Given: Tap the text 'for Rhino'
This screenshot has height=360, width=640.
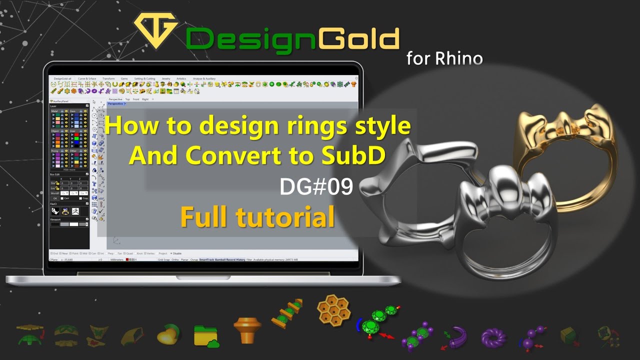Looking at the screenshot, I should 444,58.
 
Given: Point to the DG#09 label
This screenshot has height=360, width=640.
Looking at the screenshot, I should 316,187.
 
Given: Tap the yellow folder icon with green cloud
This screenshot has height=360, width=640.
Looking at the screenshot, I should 206,335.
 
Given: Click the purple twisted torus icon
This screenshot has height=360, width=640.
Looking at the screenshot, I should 493,337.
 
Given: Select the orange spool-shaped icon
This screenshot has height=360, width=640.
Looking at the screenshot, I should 247,329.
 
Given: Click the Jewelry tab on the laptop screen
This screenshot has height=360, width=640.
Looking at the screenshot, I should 165,78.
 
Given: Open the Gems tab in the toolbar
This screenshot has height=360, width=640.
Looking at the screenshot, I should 124,78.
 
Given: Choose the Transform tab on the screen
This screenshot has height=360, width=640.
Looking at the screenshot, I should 108,78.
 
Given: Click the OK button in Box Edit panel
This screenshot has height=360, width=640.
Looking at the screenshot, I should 55,198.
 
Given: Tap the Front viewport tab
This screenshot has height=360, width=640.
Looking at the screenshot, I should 136,99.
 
